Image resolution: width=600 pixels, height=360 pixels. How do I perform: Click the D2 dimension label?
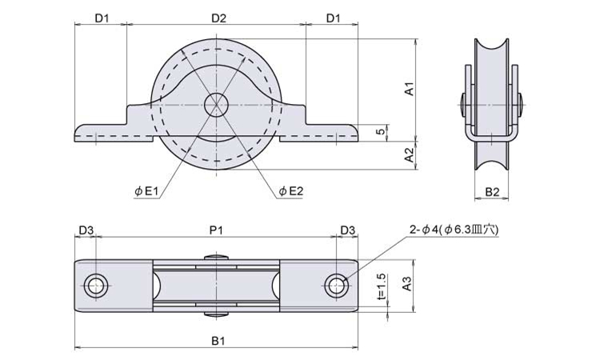pos(219,18)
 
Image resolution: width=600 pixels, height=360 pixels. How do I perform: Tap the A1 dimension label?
pos(410,88)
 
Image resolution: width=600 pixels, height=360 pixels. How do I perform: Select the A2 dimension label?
pos(410,155)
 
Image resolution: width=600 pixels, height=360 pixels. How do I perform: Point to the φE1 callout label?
pos(146,191)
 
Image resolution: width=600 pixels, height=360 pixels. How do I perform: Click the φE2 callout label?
pos(290,191)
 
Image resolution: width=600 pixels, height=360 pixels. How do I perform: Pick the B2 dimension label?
pos(492,192)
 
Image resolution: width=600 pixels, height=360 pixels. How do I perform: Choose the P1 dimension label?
pos(216,230)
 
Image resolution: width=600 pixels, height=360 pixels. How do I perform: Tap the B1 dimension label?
pos(218,341)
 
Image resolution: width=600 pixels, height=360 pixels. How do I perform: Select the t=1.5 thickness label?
pos(380,286)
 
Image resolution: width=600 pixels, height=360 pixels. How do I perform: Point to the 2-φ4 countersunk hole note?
pos(454,230)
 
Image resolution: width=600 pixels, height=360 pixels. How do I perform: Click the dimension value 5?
pos(380,132)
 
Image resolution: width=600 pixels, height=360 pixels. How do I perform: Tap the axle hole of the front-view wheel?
pos(216,104)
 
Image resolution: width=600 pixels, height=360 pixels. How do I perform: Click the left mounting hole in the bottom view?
pos(96,286)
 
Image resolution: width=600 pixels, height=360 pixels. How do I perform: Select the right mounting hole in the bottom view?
pos(336,286)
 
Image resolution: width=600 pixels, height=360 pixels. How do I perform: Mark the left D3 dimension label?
pos(86,230)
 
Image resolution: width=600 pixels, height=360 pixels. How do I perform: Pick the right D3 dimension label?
pos(347,230)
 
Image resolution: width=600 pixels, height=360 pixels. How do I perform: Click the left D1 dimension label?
pos(102,18)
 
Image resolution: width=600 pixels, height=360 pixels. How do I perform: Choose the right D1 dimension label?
pos(333,18)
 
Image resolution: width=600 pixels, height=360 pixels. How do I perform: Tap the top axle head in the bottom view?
pos(216,258)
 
